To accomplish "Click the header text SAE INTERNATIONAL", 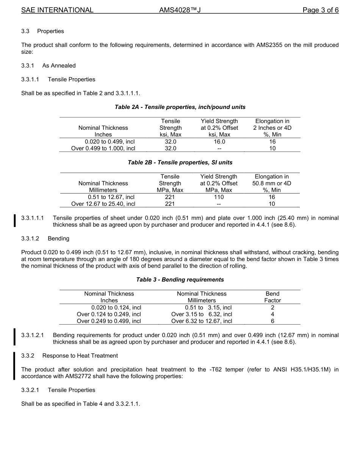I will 57,10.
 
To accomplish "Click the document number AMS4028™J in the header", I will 180,10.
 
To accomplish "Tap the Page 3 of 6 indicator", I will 320,10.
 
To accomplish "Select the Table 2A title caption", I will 180,107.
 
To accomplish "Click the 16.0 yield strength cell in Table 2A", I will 219,141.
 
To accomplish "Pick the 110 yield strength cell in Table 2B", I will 219,197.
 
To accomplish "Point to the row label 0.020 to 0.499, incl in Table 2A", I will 110,141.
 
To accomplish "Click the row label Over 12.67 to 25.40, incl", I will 103,204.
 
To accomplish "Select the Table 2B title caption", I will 180,162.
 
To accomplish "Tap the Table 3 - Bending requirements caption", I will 180,280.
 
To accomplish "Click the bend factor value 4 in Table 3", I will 272,314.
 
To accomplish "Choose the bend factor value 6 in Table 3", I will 272,321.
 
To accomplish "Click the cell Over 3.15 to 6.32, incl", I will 202,314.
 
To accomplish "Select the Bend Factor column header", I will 272,297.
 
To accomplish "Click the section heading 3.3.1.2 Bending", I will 45,239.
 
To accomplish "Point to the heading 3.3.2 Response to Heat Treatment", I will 69,356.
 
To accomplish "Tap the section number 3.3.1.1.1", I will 33,218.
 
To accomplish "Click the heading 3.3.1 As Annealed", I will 48,65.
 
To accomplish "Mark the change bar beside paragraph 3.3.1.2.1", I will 14,337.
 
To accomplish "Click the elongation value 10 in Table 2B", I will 272,204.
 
